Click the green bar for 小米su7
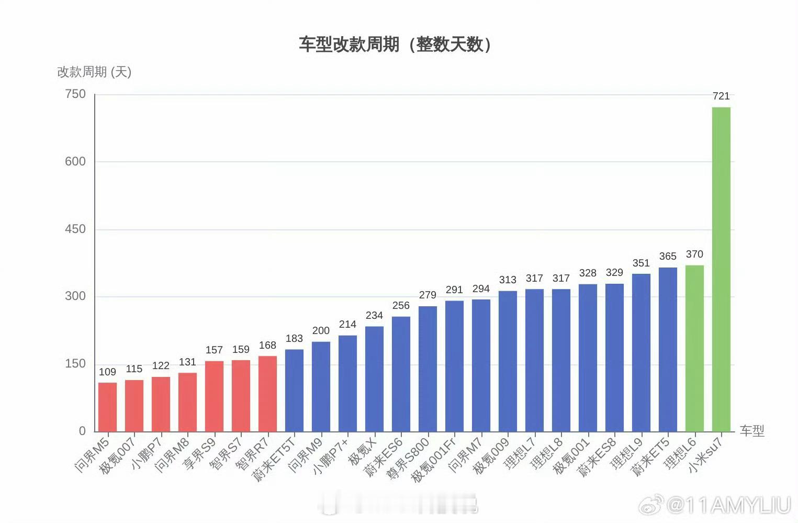coord(721,269)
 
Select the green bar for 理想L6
coord(694,348)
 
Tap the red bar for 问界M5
coord(108,407)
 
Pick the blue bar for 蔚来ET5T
coord(294,390)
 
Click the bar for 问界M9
coord(321,386)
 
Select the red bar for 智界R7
coord(267,394)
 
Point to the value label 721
coord(721,96)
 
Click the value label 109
coord(107,372)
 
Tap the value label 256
coord(401,306)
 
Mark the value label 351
coord(641,263)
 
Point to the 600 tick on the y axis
coord(75,161)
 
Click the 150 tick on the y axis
coord(75,364)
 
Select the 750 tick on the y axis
coord(75,94)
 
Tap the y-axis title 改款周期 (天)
coord(94,72)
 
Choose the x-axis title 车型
coord(752,431)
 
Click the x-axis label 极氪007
coord(118,454)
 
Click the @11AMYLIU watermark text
coord(728,505)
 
